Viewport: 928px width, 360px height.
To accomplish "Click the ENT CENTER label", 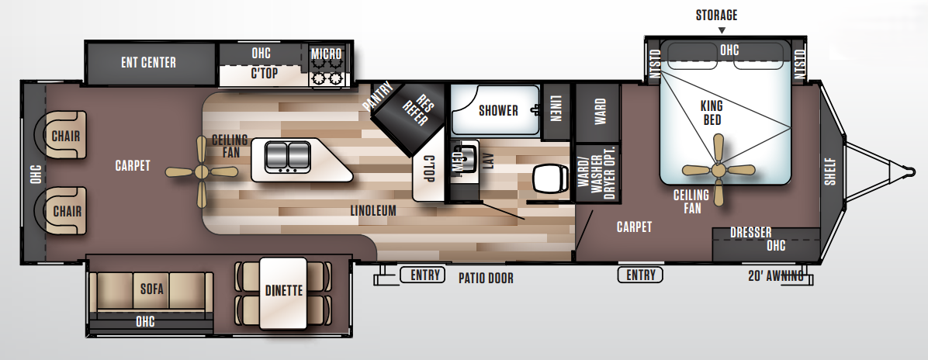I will [148, 62].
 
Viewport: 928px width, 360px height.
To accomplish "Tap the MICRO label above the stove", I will [327, 54].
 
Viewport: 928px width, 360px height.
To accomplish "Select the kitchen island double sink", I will [287, 157].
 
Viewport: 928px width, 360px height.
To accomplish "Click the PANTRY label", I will [378, 95].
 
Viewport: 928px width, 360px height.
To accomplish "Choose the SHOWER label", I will [497, 110].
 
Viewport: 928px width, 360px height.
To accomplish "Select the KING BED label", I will [711, 112].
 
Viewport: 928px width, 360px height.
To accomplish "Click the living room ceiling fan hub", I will [201, 171].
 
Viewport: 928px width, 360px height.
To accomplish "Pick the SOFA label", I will [151, 289].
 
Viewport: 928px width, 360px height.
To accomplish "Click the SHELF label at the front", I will [831, 172].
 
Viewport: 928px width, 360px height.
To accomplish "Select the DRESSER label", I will [750, 233].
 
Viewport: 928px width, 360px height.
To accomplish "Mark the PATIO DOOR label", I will [486, 277].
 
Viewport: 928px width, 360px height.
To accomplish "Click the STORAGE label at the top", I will [716, 15].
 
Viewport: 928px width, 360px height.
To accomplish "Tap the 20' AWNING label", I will [775, 275].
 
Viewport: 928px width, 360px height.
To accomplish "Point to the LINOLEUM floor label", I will [372, 210].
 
